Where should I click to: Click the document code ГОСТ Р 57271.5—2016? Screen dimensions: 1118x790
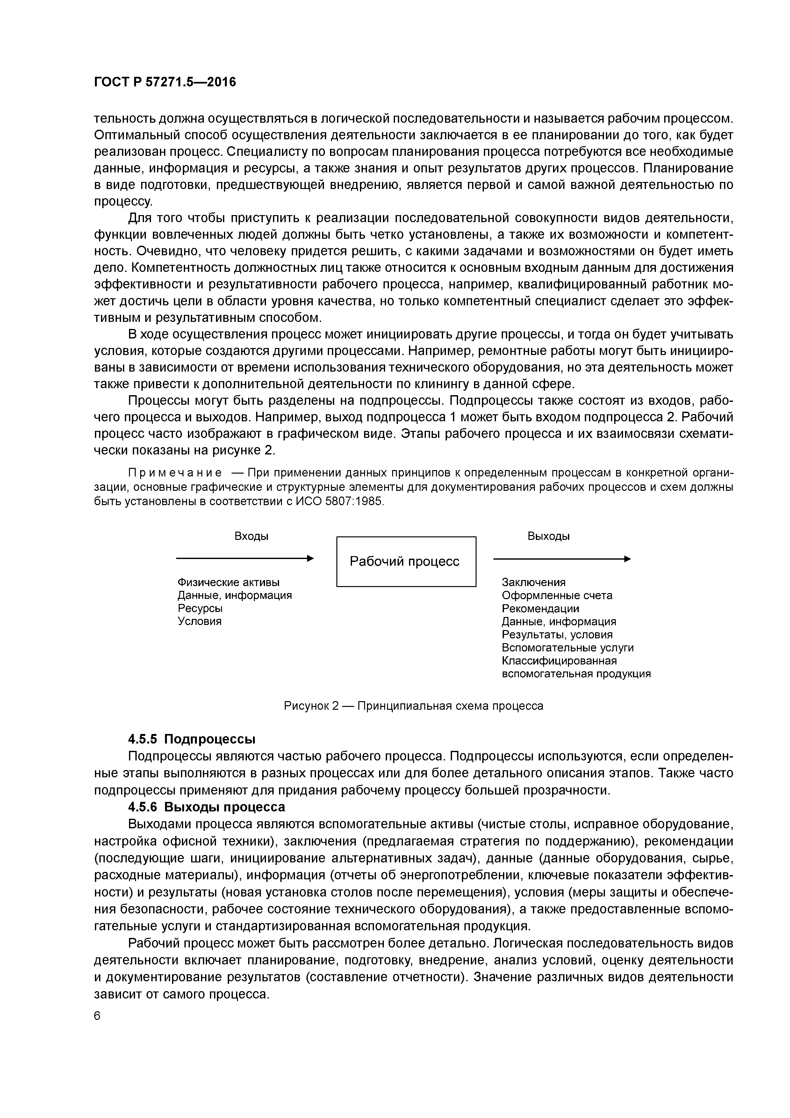(x=164, y=82)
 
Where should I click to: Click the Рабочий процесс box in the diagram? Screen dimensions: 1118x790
(x=406, y=562)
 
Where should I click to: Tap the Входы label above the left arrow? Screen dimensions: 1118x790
(x=252, y=536)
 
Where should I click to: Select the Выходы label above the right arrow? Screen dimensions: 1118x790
(x=549, y=536)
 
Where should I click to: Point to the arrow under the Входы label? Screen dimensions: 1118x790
(x=245, y=558)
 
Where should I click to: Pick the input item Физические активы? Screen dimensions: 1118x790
(x=228, y=582)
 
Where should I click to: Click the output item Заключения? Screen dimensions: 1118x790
(x=534, y=582)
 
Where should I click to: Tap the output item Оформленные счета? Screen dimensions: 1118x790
(x=557, y=596)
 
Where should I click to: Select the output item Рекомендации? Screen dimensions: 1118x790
(x=540, y=609)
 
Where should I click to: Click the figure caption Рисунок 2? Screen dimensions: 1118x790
(x=413, y=706)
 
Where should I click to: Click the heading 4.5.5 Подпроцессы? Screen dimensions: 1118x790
(x=192, y=739)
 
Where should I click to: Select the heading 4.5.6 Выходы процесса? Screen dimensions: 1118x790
(x=206, y=807)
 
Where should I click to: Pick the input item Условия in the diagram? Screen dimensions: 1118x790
(x=199, y=621)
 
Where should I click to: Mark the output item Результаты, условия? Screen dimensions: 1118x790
(x=557, y=635)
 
